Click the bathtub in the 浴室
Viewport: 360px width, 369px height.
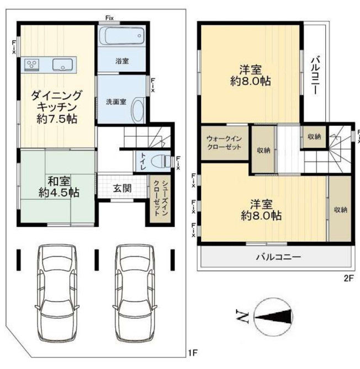(121, 36)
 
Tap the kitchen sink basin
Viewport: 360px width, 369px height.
(62, 64)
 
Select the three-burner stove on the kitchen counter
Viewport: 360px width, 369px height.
(32, 64)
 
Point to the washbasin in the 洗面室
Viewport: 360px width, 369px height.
(138, 111)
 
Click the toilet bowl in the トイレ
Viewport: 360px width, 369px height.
(161, 162)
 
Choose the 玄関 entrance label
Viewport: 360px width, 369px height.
(122, 188)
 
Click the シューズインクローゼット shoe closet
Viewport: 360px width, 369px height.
(161, 199)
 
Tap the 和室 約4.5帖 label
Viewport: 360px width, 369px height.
(59, 187)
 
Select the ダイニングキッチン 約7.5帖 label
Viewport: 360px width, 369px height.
(56, 107)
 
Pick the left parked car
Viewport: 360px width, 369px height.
(57, 293)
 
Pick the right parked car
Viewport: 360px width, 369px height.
(135, 293)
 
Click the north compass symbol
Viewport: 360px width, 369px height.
(273, 317)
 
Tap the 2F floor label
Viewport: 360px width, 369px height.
(349, 279)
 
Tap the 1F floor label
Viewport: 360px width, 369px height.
(193, 353)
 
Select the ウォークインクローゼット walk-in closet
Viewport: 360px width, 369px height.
(225, 143)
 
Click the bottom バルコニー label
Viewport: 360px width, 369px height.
(278, 256)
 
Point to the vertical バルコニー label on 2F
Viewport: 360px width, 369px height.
(315, 75)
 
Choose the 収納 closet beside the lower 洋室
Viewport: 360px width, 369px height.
(340, 209)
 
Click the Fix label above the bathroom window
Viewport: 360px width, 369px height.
(109, 18)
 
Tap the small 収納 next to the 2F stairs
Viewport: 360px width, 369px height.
(314, 136)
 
